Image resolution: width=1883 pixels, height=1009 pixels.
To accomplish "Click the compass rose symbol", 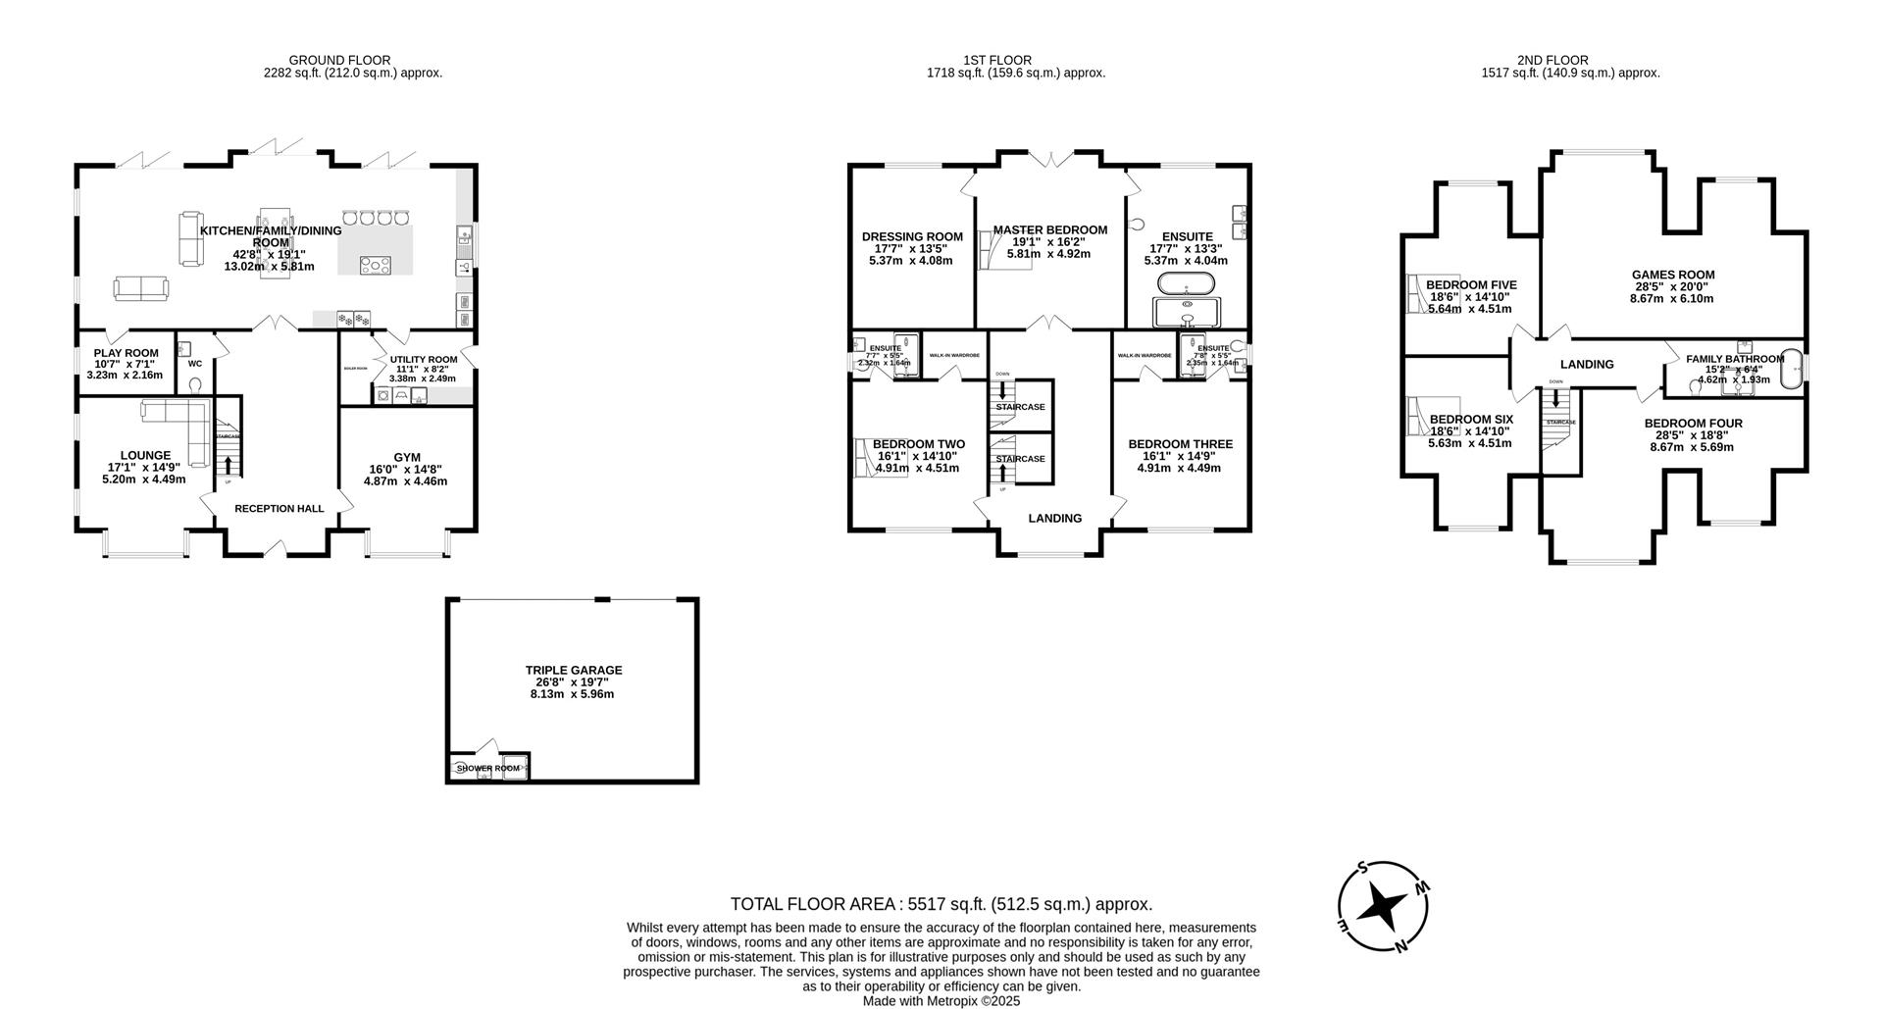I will pos(1383,907).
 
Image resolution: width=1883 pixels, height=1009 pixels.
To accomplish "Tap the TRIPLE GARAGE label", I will pos(574,671).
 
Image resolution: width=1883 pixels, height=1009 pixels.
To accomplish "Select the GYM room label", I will pos(407,457).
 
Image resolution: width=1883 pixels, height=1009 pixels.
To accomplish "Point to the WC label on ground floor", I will pos(194,364).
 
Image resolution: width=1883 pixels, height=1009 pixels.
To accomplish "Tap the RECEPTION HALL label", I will pos(279,509).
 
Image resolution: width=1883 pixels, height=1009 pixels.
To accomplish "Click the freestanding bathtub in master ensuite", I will pos(1187,284).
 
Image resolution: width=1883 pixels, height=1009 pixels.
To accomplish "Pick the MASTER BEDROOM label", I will pos(1049,230).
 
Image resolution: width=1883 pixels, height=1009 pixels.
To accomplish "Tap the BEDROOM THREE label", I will pos(1180,444).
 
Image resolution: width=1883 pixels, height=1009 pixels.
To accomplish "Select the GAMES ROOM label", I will pos(1672,276).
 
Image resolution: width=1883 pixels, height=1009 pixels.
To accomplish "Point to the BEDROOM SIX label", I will pos(1471,420).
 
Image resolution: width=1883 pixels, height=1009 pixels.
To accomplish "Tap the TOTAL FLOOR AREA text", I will pos(941,904).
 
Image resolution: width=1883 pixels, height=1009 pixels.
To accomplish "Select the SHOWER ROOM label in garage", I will pos(487,769).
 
